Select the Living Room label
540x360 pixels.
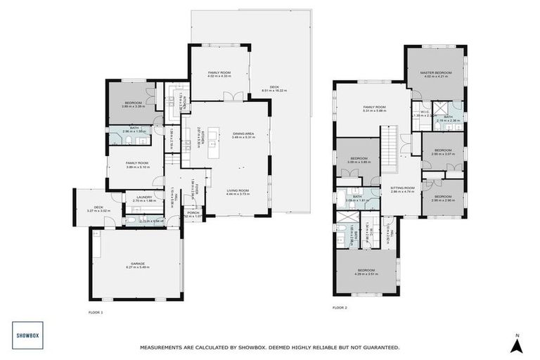tap(238, 192)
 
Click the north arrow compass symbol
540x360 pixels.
tap(517, 344)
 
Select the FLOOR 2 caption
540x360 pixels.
tap(340, 307)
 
